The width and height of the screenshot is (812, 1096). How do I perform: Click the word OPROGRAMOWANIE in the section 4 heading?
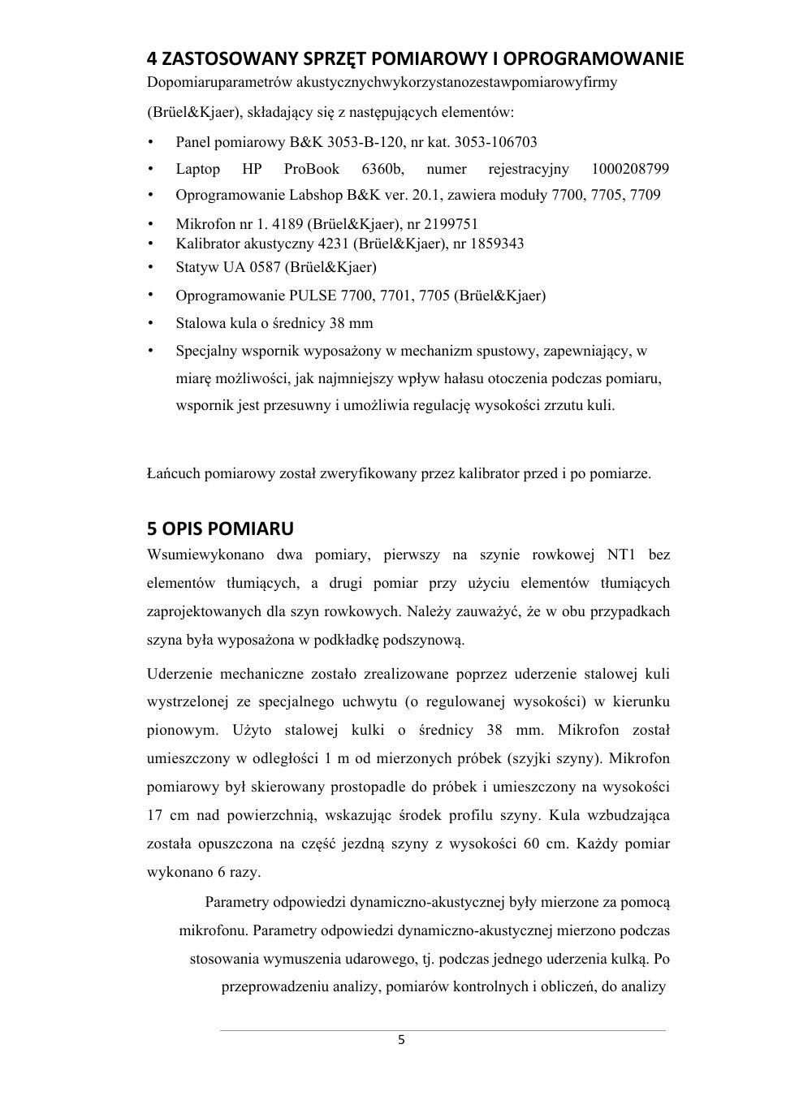(594, 59)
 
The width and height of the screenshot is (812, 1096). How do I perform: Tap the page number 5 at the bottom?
(401, 1041)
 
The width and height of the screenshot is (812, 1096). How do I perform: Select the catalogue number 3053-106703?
(495, 142)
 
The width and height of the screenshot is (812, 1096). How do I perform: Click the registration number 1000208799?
(630, 169)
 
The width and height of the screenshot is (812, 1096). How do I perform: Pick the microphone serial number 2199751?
(447, 224)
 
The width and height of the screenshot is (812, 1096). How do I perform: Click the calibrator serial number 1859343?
(489, 244)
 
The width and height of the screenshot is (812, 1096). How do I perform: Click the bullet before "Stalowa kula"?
(151, 323)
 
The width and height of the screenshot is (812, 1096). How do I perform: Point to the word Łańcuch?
(173, 473)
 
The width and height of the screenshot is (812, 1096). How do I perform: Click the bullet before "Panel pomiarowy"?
(151, 142)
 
